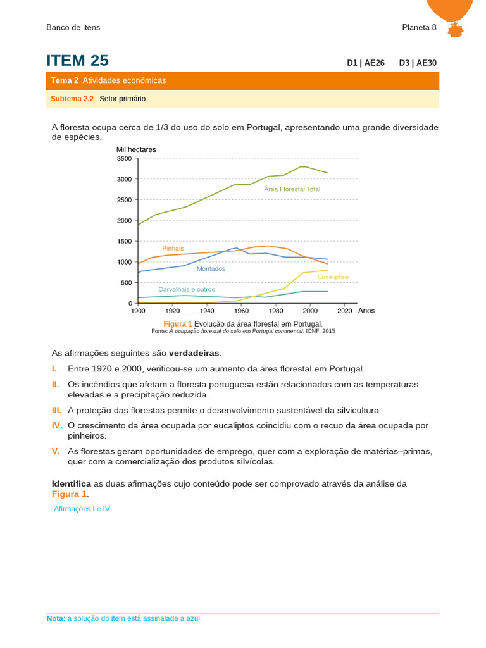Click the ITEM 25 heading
[77, 61]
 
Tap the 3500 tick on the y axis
[124, 158]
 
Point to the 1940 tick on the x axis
[206, 311]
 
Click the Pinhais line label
[173, 249]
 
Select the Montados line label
[211, 269]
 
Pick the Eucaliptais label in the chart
[333, 277]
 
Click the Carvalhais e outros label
[187, 289]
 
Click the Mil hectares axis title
[136, 149]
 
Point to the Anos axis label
[366, 311]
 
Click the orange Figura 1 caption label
[178, 324]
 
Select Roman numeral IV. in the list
[57, 426]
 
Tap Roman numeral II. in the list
[56, 385]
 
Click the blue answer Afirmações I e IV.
[83, 509]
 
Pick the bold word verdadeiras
[195, 352]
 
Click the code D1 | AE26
[366, 63]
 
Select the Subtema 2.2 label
[72, 99]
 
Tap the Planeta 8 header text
[419, 27]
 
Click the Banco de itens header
[73, 27]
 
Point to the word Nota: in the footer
[56, 618]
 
